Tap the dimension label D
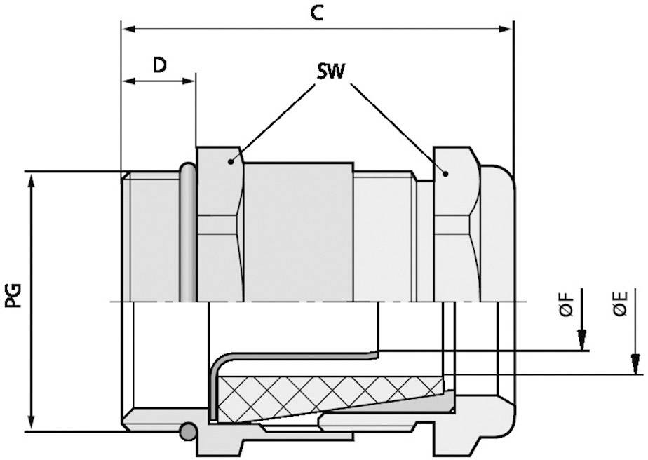(x=160, y=65)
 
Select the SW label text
(x=331, y=72)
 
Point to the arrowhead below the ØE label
(x=635, y=364)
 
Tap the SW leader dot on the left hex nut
(x=231, y=161)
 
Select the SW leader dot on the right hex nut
(x=445, y=172)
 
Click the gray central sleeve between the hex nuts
(x=297, y=231)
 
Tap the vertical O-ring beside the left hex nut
(x=187, y=231)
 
